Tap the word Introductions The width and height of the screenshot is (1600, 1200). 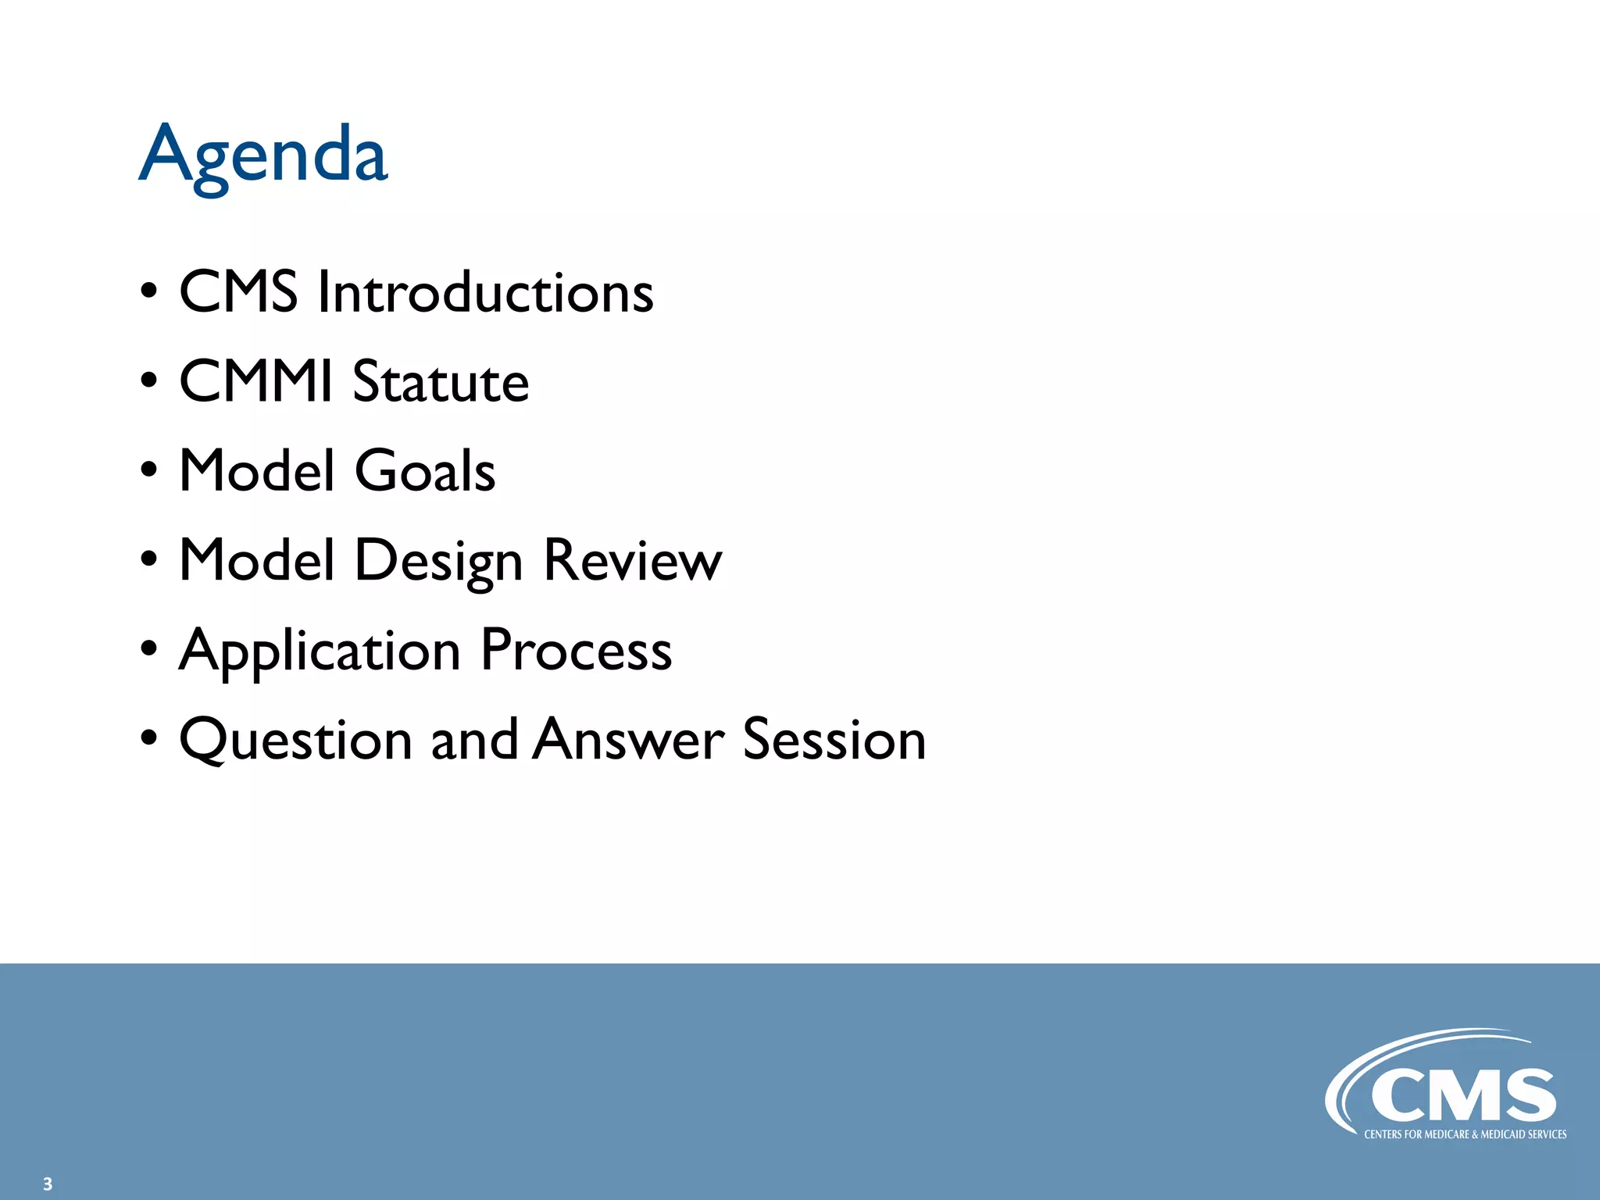tap(485, 292)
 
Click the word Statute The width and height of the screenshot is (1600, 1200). tap(441, 381)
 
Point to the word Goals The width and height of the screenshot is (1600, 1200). tap(425, 470)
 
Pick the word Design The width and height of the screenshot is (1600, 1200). tap(438, 561)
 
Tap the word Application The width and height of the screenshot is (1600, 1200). tap(320, 650)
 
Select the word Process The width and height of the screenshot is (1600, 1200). tap(576, 649)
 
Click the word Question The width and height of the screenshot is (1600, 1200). tap(295, 739)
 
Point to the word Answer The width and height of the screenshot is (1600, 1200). tap(629, 739)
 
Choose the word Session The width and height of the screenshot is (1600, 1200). tap(834, 739)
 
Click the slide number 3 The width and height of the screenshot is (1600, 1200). tap(48, 1184)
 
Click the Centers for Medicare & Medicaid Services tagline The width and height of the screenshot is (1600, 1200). tap(1465, 1134)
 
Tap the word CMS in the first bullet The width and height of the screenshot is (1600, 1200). tap(238, 292)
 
